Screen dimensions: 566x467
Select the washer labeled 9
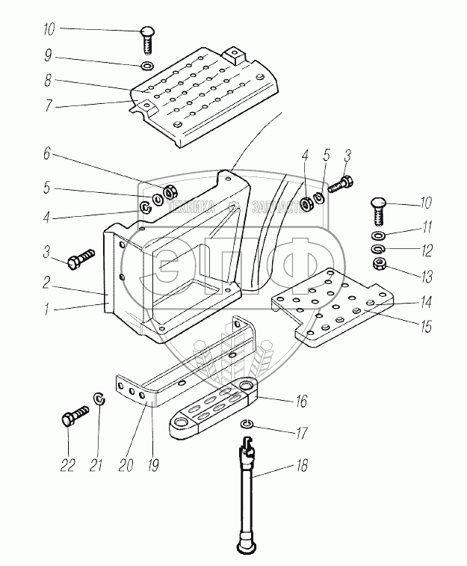tap(147, 66)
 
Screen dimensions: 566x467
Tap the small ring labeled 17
tap(249, 426)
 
